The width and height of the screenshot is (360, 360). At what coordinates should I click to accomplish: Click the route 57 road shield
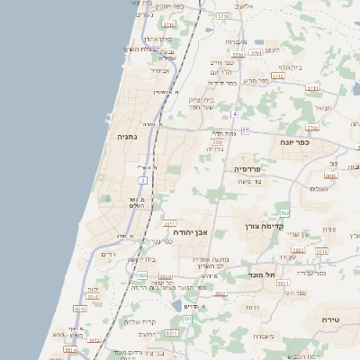tap(245, 130)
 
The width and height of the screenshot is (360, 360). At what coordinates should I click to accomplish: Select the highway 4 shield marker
tap(234, 114)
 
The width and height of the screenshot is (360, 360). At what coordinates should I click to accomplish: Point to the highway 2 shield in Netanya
tap(142, 181)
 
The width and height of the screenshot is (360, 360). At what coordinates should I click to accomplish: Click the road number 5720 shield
tap(222, 16)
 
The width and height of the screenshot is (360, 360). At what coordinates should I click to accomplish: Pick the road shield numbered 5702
tap(217, 141)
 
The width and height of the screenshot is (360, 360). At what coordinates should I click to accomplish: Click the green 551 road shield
tap(187, 319)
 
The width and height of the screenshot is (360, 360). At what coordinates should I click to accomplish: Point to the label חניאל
tap(323, 107)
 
